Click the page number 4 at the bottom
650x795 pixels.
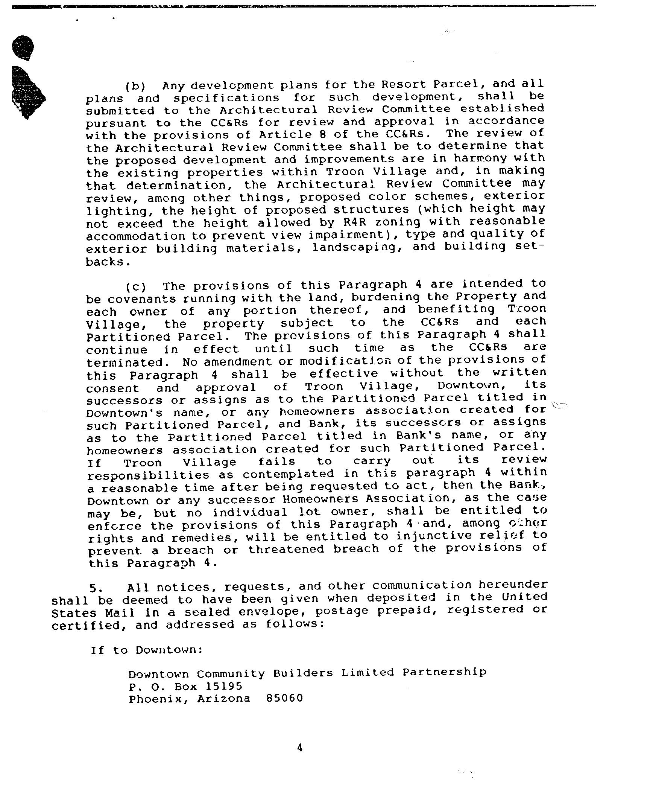click(x=300, y=748)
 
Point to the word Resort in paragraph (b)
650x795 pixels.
click(x=404, y=84)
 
